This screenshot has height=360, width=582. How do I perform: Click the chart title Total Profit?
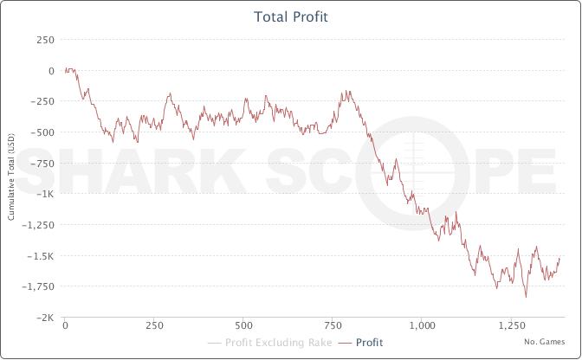pyautogui.click(x=290, y=16)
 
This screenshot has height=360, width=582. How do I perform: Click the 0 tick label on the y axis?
pyautogui.click(x=51, y=71)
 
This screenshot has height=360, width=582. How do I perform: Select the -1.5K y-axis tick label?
pyautogui.click(x=42, y=256)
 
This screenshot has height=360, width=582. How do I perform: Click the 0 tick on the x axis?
pyautogui.click(x=65, y=327)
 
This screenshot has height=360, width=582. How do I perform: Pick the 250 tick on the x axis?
pyautogui.click(x=154, y=327)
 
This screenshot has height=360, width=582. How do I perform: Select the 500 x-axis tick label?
pyautogui.click(x=243, y=327)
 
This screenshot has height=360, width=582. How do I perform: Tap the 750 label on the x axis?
pyautogui.click(x=333, y=327)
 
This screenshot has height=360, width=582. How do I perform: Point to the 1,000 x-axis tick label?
pyautogui.click(x=422, y=327)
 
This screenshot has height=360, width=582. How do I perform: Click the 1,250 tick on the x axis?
pyautogui.click(x=511, y=327)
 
